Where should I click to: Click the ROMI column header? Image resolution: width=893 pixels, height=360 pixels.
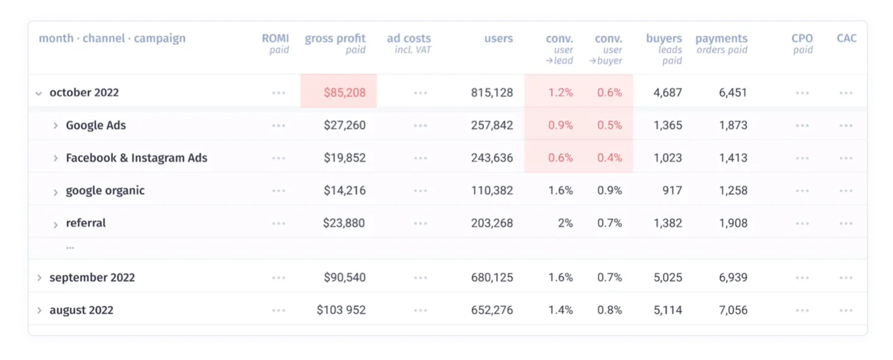pos(275,39)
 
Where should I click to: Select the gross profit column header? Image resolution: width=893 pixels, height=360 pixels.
pos(335,39)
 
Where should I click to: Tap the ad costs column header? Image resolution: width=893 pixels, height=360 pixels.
pos(409,39)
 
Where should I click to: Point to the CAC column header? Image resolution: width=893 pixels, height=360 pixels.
pos(846,39)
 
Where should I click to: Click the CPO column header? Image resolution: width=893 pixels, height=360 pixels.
pos(802,39)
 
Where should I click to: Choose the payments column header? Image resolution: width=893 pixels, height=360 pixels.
pos(721,39)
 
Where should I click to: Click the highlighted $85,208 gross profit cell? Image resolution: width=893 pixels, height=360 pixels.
pos(345,92)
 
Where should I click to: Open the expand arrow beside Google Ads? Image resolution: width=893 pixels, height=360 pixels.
pos(56,125)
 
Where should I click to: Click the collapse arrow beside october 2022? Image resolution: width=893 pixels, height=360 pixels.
pos(39,93)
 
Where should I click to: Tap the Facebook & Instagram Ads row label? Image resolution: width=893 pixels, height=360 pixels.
pos(136,158)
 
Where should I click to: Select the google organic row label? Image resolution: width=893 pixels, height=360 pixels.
pos(105,190)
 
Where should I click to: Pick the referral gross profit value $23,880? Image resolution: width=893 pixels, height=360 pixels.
pos(344,223)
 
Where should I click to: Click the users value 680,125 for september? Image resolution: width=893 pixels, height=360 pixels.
pos(492,278)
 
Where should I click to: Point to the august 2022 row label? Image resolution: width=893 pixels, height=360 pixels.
pos(81,311)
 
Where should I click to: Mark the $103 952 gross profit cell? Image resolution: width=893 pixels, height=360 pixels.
pos(341,311)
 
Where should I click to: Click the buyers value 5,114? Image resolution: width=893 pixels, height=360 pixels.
pos(668,311)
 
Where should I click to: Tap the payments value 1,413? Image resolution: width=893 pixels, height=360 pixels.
pos(733,158)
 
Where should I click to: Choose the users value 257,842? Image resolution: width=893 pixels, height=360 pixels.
pos(492,125)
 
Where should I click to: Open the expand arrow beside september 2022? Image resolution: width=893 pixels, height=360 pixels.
pos(39,278)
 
